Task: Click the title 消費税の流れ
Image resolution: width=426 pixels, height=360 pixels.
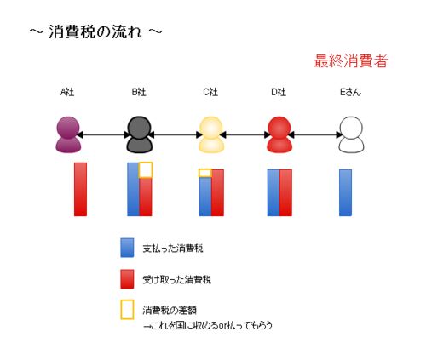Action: pos(95,31)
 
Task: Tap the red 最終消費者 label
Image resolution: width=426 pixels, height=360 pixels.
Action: pos(351,60)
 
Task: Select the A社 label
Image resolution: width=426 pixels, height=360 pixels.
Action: pos(67,92)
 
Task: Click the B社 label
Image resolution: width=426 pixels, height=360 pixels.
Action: pos(139,92)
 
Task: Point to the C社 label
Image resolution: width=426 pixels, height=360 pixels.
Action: pos(210,92)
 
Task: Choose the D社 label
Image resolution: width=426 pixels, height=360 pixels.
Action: pos(279,92)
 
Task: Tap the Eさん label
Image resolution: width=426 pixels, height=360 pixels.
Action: pos(351,92)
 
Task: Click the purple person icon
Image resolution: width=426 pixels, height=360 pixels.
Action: pos(68,134)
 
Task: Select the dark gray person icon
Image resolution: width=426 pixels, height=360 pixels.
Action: pos(139,134)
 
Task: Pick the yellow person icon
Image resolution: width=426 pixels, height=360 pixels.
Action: pos(211,134)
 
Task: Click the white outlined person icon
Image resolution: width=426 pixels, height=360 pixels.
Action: pos(351,134)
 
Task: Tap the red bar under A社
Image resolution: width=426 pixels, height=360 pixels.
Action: pos(80,189)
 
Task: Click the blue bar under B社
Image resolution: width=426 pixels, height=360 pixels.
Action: pos(133,189)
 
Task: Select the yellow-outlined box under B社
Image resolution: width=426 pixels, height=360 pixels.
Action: pos(146,163)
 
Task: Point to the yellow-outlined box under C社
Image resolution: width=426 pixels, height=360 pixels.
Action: pos(205,169)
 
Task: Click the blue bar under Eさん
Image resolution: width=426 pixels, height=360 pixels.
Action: pos(346,192)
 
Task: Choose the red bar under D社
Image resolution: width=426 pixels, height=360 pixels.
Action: pos(285,192)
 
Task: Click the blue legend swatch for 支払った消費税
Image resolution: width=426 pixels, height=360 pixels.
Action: pos(127,248)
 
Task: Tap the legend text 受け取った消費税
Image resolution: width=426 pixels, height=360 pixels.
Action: pos(177,280)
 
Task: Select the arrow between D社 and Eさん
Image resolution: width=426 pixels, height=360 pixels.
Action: pos(315,134)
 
